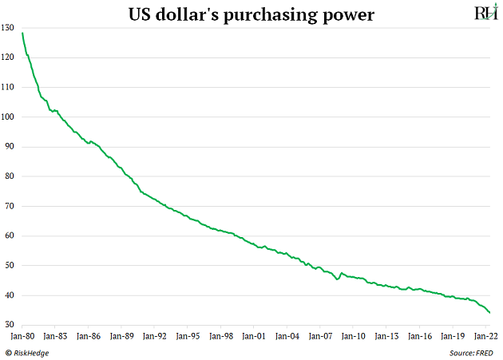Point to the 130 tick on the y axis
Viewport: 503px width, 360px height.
point(10,28)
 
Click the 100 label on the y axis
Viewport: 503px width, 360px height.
point(10,117)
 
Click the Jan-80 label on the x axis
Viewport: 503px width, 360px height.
point(22,337)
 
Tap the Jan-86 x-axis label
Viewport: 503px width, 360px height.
point(88,337)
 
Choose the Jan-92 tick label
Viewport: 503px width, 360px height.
point(154,337)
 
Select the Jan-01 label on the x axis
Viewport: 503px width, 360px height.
point(253,337)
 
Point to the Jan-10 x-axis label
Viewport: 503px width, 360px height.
point(352,337)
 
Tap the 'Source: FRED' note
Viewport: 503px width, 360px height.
point(469,353)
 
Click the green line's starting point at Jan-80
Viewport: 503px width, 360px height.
point(22,33)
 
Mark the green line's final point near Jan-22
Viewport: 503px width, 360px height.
point(489,313)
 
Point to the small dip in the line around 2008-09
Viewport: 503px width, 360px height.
point(338,279)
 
